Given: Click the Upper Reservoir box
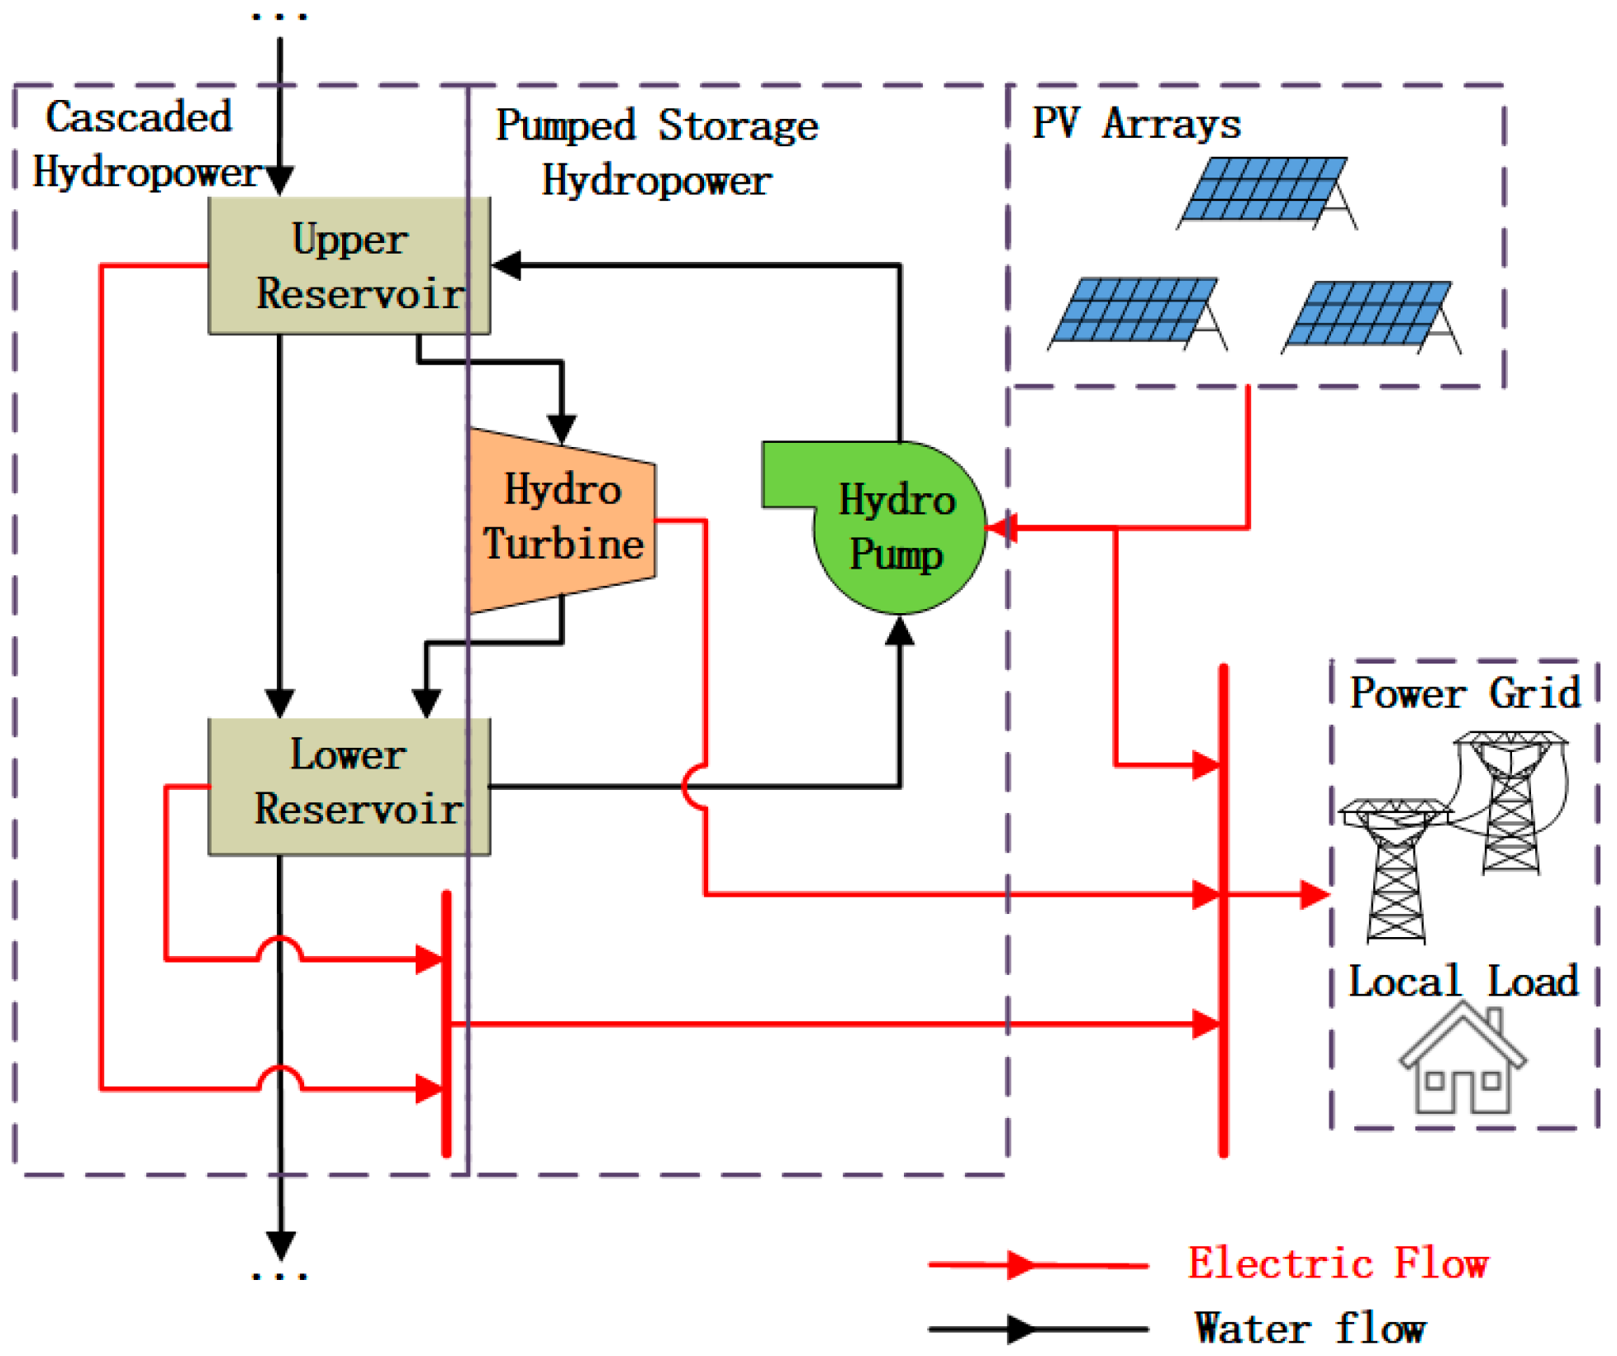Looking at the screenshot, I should (x=349, y=266).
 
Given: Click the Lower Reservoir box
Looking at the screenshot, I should (x=349, y=786).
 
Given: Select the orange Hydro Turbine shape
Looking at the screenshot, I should (x=562, y=521).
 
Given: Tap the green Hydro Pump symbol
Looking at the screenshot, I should (x=898, y=529).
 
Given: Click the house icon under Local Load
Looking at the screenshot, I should (x=1462, y=1062).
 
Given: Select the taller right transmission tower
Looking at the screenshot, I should (x=1510, y=802).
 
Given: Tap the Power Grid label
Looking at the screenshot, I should (x=1464, y=692).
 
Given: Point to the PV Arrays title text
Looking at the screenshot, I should (x=1135, y=124).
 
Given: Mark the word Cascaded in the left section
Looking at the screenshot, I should (x=138, y=117).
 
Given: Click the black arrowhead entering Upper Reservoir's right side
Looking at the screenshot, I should (x=507, y=265).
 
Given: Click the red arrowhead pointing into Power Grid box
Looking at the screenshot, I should (x=1314, y=894).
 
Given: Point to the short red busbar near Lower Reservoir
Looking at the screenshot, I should (x=447, y=1025).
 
